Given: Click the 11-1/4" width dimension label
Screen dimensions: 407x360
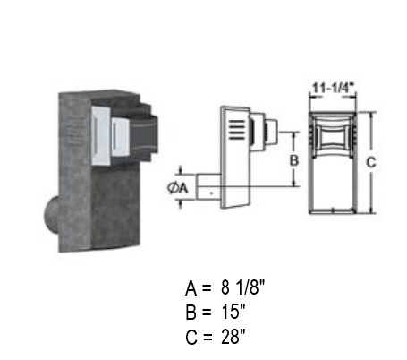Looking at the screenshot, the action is (333, 89).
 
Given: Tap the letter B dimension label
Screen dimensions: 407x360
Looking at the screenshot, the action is (294, 160).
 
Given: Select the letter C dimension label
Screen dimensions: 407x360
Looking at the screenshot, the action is (371, 163).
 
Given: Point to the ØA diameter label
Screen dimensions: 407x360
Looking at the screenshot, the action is (178, 188).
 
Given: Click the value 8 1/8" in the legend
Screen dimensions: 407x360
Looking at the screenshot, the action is (242, 287).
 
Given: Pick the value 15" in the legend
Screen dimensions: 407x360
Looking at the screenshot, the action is (233, 312).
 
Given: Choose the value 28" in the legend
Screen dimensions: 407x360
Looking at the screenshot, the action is (233, 337).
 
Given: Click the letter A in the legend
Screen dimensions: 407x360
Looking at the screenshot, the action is (191, 288).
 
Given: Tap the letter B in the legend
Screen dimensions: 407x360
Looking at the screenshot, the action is (191, 313).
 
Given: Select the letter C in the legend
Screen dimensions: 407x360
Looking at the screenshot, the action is (191, 337).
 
